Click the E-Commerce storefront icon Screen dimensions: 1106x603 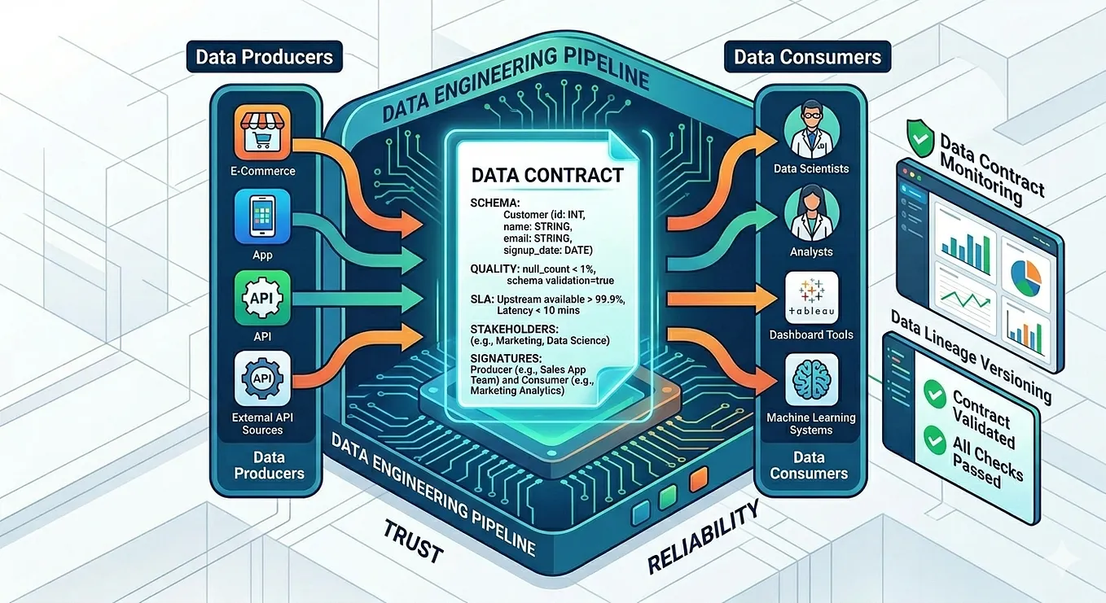(262, 132)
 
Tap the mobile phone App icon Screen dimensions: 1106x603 (262, 216)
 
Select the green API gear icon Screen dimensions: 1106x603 (262, 298)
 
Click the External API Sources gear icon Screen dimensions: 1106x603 (262, 378)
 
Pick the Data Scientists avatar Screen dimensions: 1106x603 (811, 131)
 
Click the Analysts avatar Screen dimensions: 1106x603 (811, 213)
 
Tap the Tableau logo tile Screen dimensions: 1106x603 (811, 297)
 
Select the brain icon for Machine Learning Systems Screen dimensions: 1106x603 (811, 380)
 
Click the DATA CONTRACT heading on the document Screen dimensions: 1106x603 (547, 175)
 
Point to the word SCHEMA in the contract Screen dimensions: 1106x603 (494, 203)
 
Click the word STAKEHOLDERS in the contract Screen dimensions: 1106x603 (514, 329)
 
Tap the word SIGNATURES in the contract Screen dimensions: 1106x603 (506, 358)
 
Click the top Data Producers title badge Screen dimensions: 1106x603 (264, 57)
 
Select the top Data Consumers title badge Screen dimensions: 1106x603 (807, 57)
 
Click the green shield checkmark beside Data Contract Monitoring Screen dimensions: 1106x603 (919, 138)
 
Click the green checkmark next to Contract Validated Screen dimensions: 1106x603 (934, 394)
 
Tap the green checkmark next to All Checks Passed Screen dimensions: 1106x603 (934, 441)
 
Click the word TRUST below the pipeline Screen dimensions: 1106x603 (413, 542)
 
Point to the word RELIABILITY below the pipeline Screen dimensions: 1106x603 (703, 538)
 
